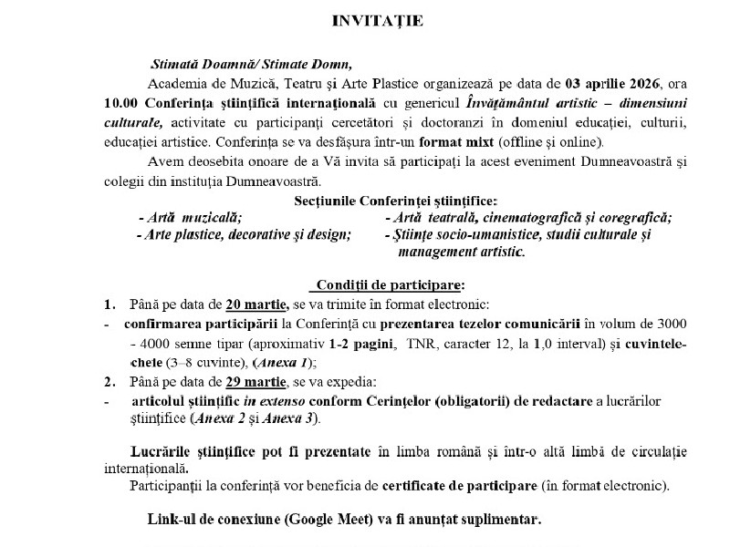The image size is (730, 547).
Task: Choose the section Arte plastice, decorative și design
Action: click(244, 234)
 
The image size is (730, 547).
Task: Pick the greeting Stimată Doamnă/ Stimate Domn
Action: click(250, 64)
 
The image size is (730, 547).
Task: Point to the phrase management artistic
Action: click(462, 252)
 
